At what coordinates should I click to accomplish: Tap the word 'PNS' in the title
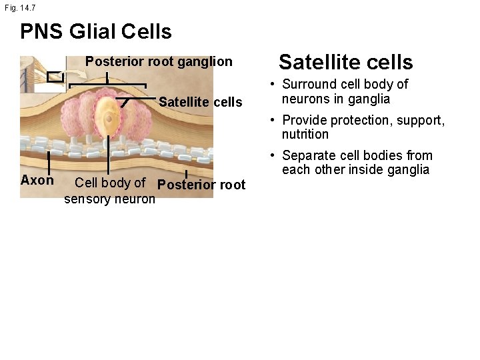pyautogui.click(x=42, y=31)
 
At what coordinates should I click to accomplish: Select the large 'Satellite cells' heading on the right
pyautogui.click(x=345, y=62)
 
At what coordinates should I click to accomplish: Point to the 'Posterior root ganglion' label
pyautogui.click(x=159, y=61)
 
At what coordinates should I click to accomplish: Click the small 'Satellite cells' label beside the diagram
pyautogui.click(x=200, y=102)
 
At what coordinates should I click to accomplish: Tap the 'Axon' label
pyautogui.click(x=37, y=181)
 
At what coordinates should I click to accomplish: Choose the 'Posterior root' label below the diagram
pyautogui.click(x=201, y=185)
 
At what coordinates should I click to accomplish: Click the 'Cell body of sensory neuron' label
pyautogui.click(x=110, y=191)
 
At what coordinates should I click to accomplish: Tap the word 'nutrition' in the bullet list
pyautogui.click(x=305, y=135)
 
